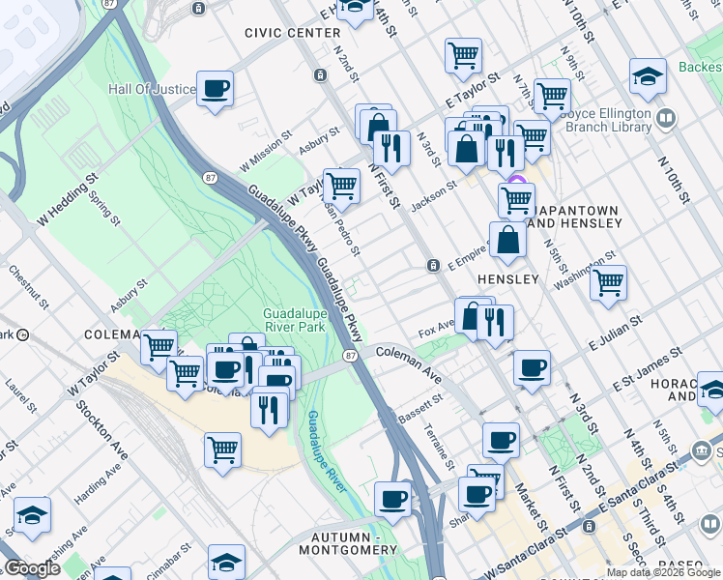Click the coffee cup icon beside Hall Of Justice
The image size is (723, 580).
pos(215,90)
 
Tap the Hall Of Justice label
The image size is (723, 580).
pos(153,89)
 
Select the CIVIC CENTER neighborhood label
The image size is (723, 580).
pos(292,32)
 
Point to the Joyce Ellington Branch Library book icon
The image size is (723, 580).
pos(666,118)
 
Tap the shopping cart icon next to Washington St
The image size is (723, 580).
pos(608,283)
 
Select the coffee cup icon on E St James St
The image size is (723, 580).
pos(532,368)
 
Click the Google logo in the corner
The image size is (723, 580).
pos(33,568)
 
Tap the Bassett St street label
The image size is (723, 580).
pos(420,409)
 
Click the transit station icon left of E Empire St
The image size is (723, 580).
pos(434,265)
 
